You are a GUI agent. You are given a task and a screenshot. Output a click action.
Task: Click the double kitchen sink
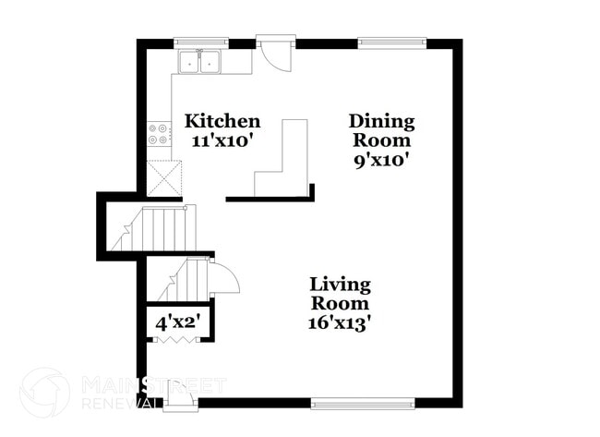pos(199,62)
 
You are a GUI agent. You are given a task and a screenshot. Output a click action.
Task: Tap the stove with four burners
pos(159,134)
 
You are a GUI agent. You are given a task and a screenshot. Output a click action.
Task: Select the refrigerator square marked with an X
pos(163,177)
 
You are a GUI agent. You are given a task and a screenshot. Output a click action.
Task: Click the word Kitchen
pos(222,121)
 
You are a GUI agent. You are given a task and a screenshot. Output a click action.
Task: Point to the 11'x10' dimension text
pos(222,140)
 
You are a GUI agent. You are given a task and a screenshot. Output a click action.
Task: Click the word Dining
pos(381,121)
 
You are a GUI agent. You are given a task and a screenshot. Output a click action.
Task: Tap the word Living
pos(340,284)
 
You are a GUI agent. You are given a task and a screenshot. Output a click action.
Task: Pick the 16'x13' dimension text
pos(340,322)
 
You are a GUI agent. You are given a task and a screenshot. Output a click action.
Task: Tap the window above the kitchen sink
pos(200,42)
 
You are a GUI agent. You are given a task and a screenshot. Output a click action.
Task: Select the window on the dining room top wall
pos(392,42)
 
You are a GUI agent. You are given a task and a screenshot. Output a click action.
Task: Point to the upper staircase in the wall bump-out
pos(155,228)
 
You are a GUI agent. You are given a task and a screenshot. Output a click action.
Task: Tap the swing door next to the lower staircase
pos(222,277)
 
